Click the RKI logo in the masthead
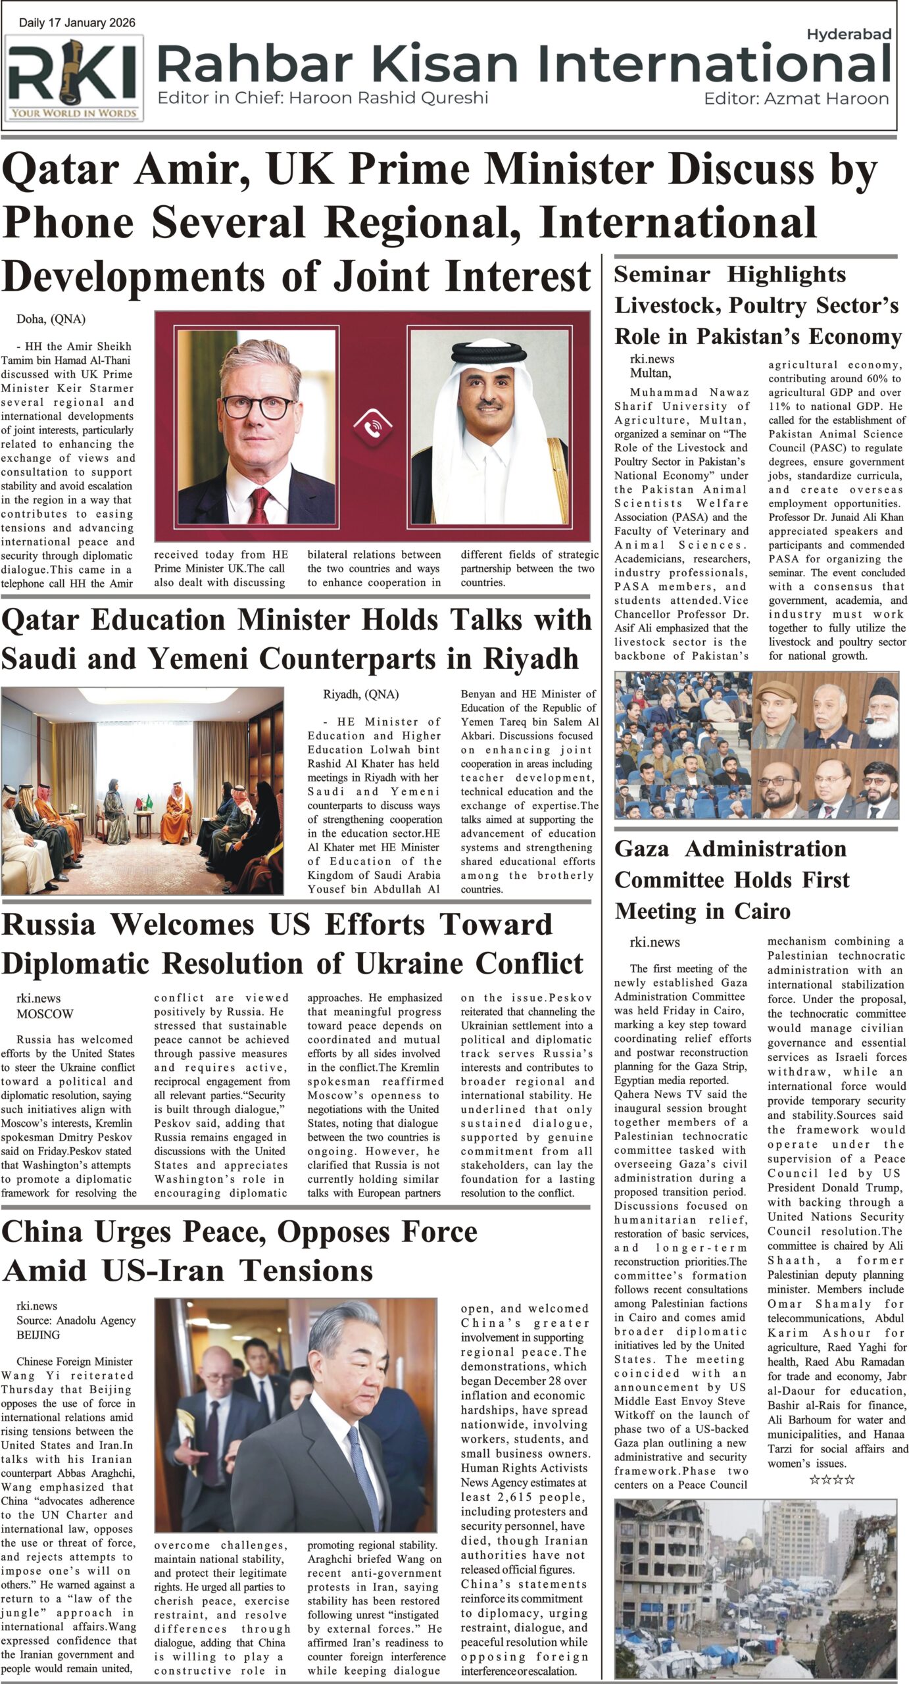pyautogui.click(x=74, y=78)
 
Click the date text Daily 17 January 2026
pyautogui.click(x=77, y=23)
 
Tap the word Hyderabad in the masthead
pyautogui.click(x=848, y=34)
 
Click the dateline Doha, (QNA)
pyautogui.click(x=51, y=320)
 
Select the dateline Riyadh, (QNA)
pyautogui.click(x=360, y=694)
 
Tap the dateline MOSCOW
pyautogui.click(x=45, y=1014)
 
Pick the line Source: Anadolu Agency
pyautogui.click(x=76, y=1320)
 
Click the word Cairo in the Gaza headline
pyautogui.click(x=755, y=911)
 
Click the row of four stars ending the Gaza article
pyautogui.click(x=831, y=1480)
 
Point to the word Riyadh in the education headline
pyautogui.click(x=530, y=658)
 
